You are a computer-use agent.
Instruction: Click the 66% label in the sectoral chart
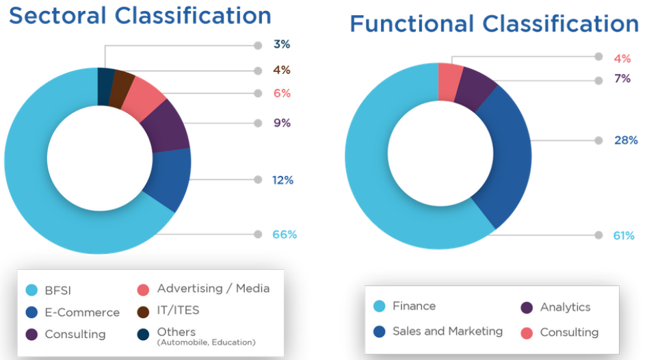click(285, 235)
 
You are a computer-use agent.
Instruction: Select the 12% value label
click(282, 180)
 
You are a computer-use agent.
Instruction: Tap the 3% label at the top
click(282, 45)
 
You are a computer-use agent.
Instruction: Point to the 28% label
click(626, 140)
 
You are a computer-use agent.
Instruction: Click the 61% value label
click(624, 236)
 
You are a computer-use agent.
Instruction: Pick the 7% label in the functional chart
click(622, 79)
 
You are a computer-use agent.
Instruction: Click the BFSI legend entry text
click(57, 290)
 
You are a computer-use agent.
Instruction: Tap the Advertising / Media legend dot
click(143, 290)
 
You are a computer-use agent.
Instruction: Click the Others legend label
click(176, 332)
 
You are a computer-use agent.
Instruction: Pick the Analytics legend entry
click(565, 307)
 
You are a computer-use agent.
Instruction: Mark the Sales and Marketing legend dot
click(380, 331)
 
